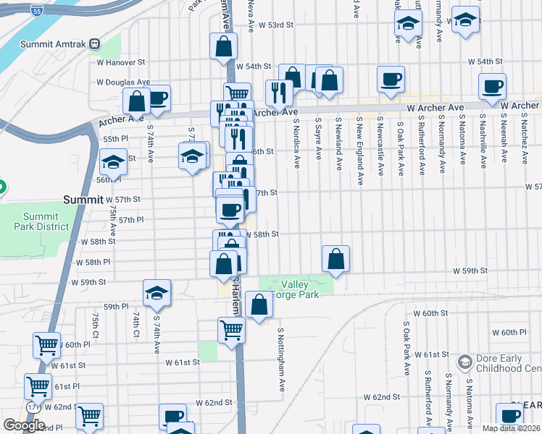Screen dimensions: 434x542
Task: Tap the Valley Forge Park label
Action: pyautogui.click(x=301, y=289)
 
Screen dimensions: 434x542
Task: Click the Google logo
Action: pyautogui.click(x=24, y=425)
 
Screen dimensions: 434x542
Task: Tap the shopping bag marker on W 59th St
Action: pyautogui.click(x=336, y=260)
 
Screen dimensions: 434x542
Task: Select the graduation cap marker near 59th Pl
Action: pyautogui.click(x=157, y=294)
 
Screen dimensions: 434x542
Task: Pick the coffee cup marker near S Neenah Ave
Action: pyautogui.click(x=493, y=87)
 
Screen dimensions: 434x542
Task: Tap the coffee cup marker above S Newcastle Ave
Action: pyautogui.click(x=391, y=80)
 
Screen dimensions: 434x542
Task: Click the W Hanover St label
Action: pyautogui.click(x=121, y=62)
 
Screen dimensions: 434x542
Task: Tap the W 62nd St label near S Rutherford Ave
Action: pyautogui.click(x=382, y=397)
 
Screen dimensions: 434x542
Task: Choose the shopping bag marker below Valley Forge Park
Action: pyautogui.click(x=259, y=305)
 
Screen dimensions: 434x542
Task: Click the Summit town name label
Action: pyautogui.click(x=83, y=199)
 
